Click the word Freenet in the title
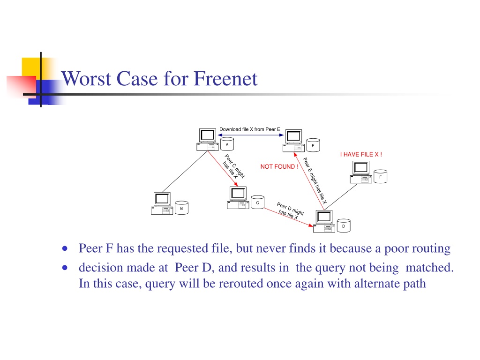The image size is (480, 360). (x=225, y=79)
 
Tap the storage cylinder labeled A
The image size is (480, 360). (x=227, y=144)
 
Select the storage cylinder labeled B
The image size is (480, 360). (x=181, y=208)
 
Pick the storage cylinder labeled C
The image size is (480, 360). (x=257, y=202)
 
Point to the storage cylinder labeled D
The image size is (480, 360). (x=344, y=225)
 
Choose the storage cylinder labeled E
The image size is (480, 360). (x=313, y=145)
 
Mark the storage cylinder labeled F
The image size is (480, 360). (x=381, y=176)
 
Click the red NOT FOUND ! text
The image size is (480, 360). (x=279, y=166)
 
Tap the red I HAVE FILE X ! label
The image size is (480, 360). (x=361, y=154)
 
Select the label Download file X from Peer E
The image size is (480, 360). (x=250, y=129)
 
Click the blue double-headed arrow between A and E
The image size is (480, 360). (x=251, y=135)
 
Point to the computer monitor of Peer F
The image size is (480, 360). (x=361, y=168)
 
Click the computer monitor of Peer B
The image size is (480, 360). (x=162, y=199)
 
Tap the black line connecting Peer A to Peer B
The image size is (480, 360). (x=185, y=172)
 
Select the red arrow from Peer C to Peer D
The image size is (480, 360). (x=288, y=217)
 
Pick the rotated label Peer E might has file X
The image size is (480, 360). (x=315, y=180)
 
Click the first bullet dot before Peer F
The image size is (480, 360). (x=65, y=248)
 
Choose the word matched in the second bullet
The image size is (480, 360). (x=429, y=268)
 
